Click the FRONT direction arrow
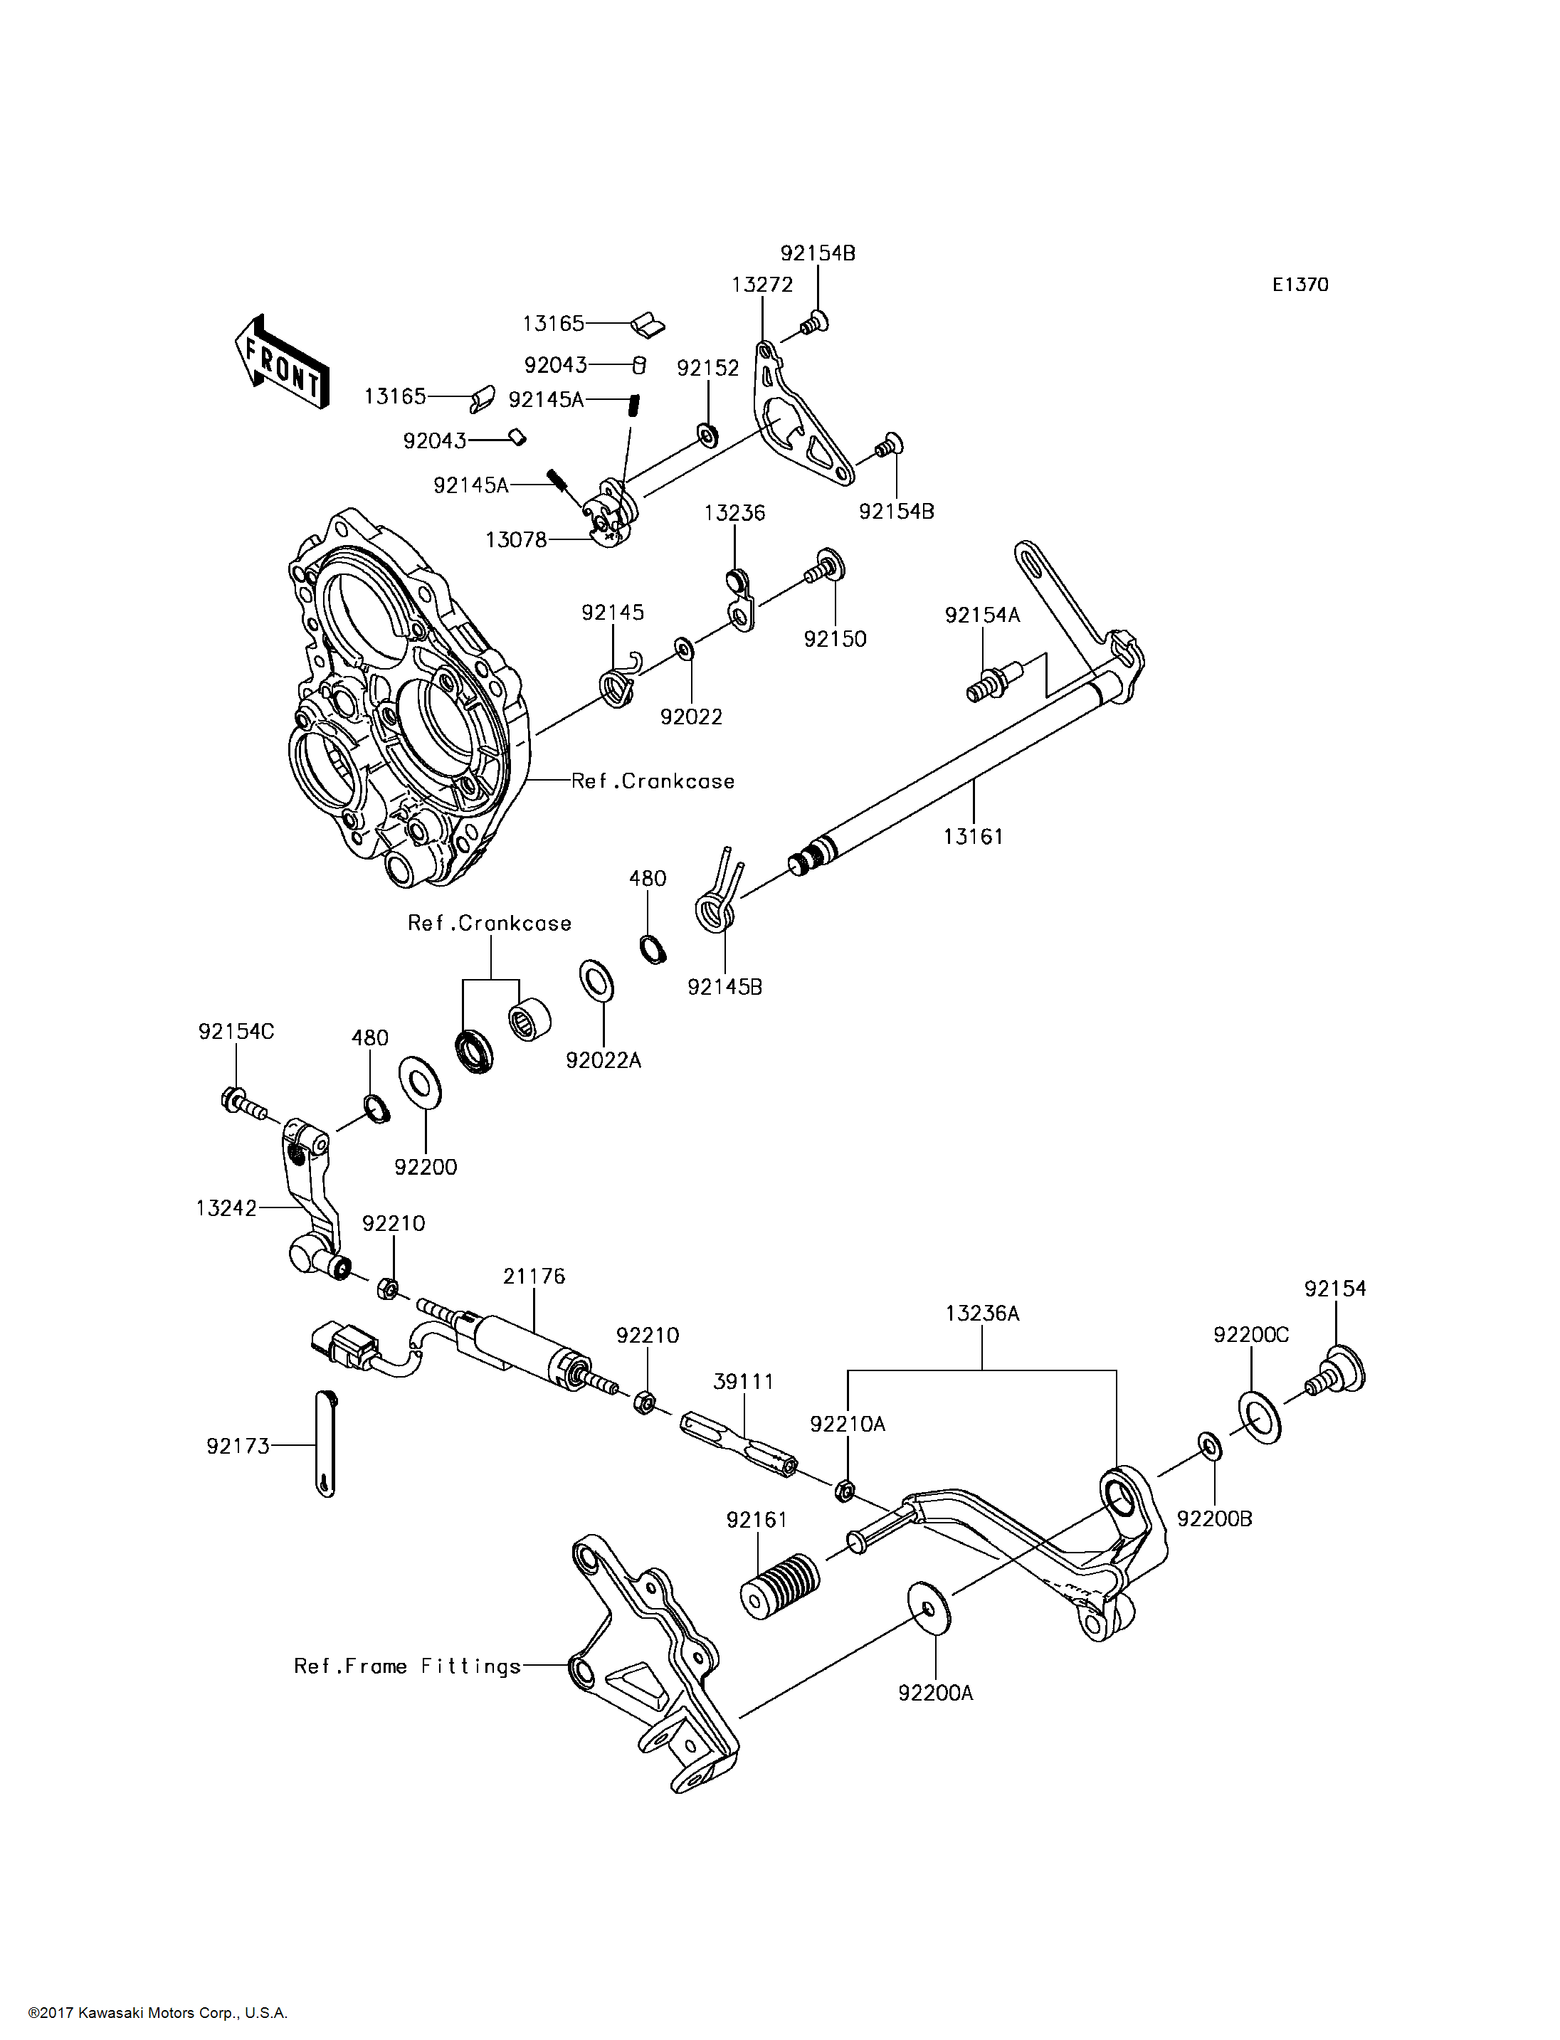(x=280, y=363)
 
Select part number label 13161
(x=973, y=837)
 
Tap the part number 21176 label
(x=534, y=1277)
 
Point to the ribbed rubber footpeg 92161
(x=780, y=1587)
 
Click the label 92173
(x=238, y=1446)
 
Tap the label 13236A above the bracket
(x=982, y=1314)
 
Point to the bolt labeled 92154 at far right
(x=1337, y=1373)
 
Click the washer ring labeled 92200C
(x=1258, y=1417)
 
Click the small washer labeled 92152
(x=707, y=433)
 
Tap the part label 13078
(x=516, y=539)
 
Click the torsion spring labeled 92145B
(x=719, y=892)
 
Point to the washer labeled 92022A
(x=595, y=981)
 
